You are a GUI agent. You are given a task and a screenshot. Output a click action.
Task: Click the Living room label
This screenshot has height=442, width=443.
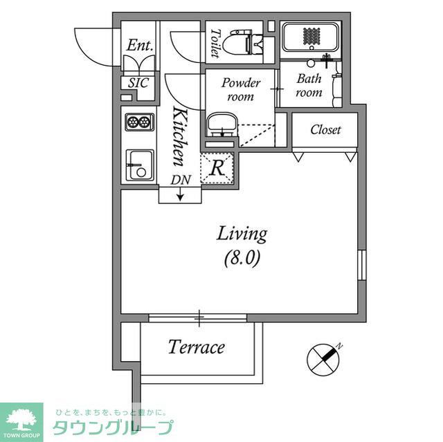pos(242,234)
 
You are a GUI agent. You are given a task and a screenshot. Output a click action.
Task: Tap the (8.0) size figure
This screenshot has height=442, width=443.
pos(242,259)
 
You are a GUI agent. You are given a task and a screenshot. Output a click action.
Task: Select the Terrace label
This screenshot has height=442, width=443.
pos(197,347)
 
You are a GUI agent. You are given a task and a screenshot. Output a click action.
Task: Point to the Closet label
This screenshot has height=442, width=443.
pos(325,130)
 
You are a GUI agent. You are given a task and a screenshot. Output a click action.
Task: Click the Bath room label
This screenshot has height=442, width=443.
pos(309,85)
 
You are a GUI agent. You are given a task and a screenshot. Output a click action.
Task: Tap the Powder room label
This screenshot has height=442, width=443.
pos(241,90)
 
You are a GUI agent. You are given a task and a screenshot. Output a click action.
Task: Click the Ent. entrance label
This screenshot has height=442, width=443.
pos(140,45)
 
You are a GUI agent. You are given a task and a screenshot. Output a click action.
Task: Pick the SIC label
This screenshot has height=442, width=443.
pos(139,82)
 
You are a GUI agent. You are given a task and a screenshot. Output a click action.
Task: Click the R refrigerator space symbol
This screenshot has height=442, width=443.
pos(217,167)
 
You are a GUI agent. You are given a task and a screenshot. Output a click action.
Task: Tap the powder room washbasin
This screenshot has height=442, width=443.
pos(221,125)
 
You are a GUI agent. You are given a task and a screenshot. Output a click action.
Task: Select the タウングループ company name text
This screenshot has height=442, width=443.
pos(113,427)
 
